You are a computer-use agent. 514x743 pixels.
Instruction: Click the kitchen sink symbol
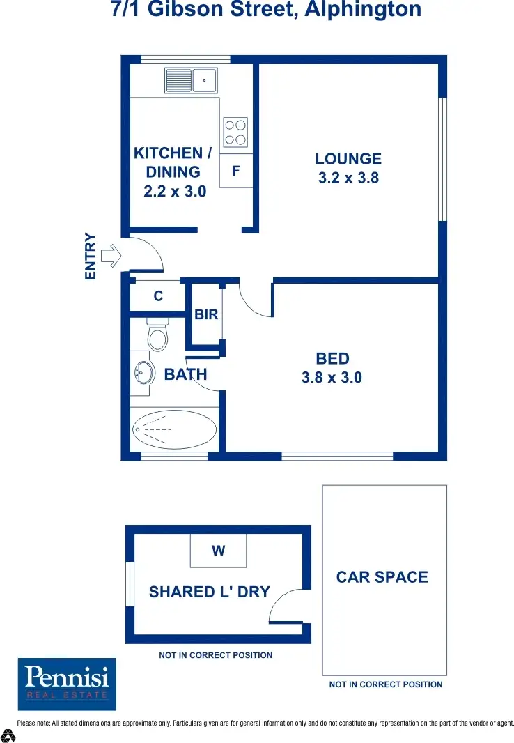[191, 80]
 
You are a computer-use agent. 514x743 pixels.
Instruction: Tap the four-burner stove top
[235, 132]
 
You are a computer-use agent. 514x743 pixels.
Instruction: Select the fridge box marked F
[236, 171]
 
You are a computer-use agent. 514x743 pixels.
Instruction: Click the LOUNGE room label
[348, 159]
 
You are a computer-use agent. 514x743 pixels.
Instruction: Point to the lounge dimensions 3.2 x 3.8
[348, 178]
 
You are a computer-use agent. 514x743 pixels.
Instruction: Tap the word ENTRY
[90, 256]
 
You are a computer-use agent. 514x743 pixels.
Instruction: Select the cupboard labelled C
[158, 296]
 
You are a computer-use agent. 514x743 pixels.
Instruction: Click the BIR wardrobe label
[206, 315]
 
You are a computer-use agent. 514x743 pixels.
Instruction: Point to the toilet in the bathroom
[158, 335]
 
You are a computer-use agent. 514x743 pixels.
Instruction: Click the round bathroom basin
[143, 373]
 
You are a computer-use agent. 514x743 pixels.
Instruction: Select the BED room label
[332, 359]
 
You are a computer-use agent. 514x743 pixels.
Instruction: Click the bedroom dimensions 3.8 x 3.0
[332, 378]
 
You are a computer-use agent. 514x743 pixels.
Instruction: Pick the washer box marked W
[219, 551]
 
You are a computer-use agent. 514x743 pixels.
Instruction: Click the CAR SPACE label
[382, 577]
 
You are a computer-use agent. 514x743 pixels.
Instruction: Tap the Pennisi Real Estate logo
[67, 684]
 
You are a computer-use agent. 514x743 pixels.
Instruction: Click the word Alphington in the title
[362, 10]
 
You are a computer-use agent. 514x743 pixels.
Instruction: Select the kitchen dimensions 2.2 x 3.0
[175, 191]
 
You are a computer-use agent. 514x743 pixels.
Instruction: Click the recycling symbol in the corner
[8, 735]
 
